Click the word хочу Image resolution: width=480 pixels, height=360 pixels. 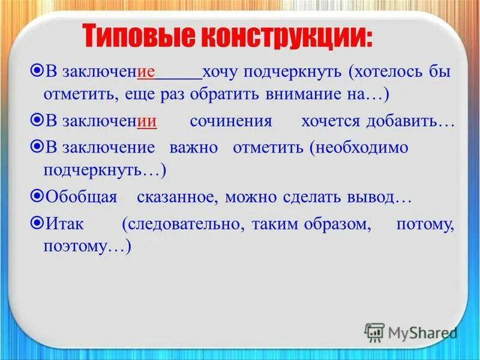222,73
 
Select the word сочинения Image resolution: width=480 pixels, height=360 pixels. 231,121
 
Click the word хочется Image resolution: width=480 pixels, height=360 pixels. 330,121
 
